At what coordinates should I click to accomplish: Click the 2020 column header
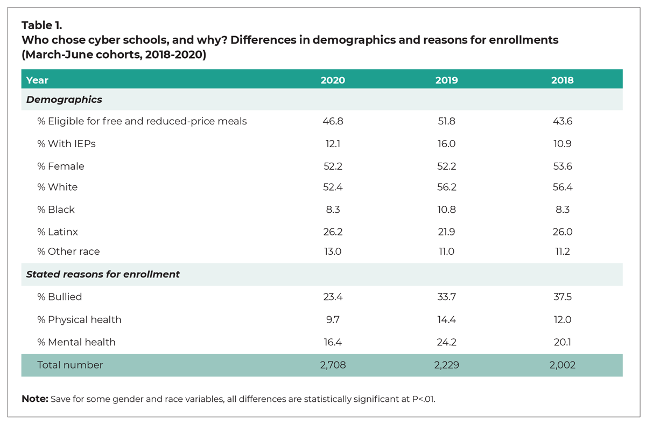[x=333, y=80]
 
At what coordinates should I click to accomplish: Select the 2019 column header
[x=446, y=80]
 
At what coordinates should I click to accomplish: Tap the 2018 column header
[x=562, y=80]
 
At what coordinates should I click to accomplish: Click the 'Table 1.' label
[x=42, y=25]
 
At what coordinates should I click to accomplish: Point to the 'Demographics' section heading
[x=64, y=100]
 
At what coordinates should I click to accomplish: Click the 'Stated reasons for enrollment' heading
[x=103, y=274]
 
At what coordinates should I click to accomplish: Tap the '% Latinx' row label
[x=58, y=232]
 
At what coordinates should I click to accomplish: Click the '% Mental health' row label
[x=76, y=342]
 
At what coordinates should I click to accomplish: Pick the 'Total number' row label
[x=70, y=365]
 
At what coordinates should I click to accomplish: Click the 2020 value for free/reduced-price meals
[x=333, y=121]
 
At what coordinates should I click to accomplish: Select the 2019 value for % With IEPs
[x=446, y=144]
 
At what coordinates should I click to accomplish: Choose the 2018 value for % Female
[x=562, y=166]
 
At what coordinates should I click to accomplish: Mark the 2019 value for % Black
[x=446, y=210]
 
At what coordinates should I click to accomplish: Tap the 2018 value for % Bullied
[x=562, y=297]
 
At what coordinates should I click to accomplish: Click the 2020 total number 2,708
[x=333, y=365]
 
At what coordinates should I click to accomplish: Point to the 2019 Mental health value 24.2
[x=446, y=342]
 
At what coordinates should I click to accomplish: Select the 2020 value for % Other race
[x=333, y=252]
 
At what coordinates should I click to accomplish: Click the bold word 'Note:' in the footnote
[x=34, y=399]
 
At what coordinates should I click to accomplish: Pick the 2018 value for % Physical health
[x=562, y=319]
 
